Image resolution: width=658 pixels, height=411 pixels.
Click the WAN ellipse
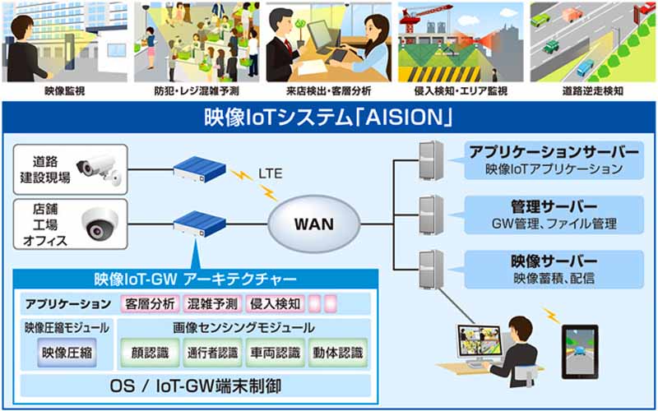(x=314, y=224)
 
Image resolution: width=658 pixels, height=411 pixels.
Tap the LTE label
(x=271, y=173)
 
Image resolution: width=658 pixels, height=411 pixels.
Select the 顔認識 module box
(x=151, y=353)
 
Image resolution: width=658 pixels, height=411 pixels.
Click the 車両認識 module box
(x=276, y=353)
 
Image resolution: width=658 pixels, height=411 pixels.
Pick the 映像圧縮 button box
(x=67, y=353)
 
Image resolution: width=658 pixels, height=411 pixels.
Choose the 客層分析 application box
(x=150, y=303)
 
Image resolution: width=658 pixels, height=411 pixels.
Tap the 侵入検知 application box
(x=275, y=303)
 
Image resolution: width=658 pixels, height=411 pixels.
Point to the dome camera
(x=100, y=224)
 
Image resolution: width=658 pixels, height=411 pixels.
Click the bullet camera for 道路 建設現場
(x=99, y=169)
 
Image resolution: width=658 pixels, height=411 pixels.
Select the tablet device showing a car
(x=580, y=352)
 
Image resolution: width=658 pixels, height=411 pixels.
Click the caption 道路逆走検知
(x=592, y=91)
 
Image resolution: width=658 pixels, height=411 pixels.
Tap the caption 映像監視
(x=65, y=91)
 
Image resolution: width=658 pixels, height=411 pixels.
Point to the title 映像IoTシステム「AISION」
(x=328, y=118)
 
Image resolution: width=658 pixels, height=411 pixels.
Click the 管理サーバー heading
(x=554, y=206)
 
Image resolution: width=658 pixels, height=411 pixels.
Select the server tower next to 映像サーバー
(x=431, y=270)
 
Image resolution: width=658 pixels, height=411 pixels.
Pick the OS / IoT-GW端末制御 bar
(x=196, y=386)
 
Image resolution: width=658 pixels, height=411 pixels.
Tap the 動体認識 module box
(x=338, y=353)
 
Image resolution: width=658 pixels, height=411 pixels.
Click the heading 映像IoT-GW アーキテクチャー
(x=196, y=279)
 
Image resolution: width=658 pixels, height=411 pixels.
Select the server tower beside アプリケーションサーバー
(x=431, y=160)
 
